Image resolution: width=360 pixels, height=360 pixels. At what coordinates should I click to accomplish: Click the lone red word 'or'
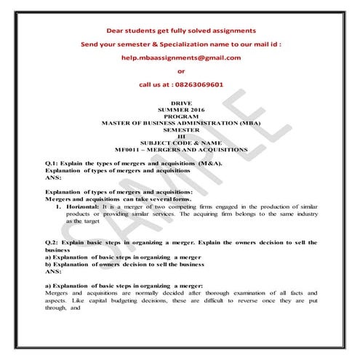click(181, 71)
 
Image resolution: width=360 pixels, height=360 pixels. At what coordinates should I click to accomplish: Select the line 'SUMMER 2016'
click(181, 110)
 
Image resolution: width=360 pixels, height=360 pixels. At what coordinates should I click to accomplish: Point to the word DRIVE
click(181, 104)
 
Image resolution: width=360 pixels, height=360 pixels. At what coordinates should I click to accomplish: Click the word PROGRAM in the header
click(181, 116)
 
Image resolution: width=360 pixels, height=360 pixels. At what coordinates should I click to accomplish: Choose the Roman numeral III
click(181, 136)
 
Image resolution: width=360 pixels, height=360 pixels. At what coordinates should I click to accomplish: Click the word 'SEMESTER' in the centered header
click(181, 129)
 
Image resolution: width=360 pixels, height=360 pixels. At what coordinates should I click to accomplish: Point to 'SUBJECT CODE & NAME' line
click(181, 143)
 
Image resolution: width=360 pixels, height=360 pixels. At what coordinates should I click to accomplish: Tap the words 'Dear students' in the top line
click(128, 31)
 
